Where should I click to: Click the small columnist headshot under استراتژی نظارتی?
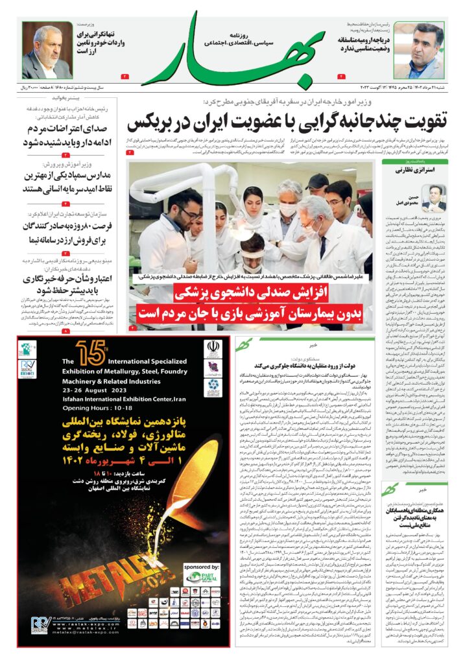(x=434, y=197)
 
